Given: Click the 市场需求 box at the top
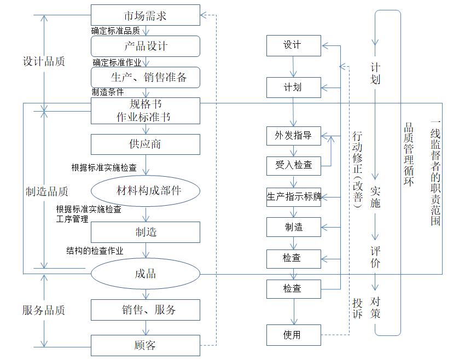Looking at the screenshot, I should tap(145, 15).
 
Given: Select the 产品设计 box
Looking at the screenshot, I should tap(145, 46).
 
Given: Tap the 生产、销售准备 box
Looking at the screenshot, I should tap(145, 77).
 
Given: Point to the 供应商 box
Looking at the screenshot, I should tap(145, 144).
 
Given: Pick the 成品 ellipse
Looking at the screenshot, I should tap(145, 274).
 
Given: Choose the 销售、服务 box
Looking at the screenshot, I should tap(145, 310).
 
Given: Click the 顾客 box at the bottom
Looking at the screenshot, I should tap(145, 345).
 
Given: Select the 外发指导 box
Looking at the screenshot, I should tap(293, 136).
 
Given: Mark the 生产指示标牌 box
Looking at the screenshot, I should tap(293, 196).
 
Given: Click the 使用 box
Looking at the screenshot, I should tap(293, 335).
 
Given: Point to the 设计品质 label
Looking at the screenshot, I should tap(44, 61).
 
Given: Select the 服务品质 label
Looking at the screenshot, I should tap(44, 310).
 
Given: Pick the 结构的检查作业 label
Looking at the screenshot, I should tap(95, 251).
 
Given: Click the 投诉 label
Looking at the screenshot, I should tap(358, 309).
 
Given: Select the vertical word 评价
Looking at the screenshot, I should tap(375, 256).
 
